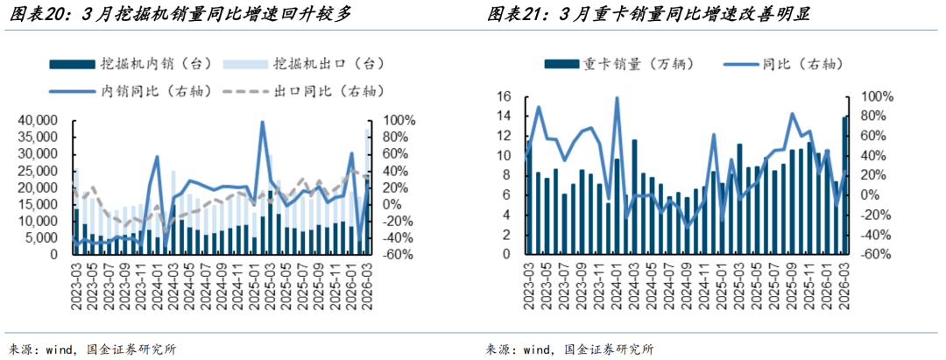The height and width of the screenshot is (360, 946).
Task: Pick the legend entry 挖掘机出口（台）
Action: (x=304, y=63)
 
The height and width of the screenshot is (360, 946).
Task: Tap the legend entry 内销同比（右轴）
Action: (x=133, y=91)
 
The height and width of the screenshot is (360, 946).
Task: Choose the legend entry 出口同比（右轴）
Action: (x=304, y=91)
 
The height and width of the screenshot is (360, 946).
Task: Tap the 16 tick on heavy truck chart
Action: (x=505, y=97)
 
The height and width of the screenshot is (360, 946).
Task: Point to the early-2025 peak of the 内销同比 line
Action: (x=263, y=122)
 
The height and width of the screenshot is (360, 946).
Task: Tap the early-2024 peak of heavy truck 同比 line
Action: (x=617, y=98)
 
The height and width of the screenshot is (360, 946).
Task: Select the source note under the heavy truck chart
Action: (x=569, y=349)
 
